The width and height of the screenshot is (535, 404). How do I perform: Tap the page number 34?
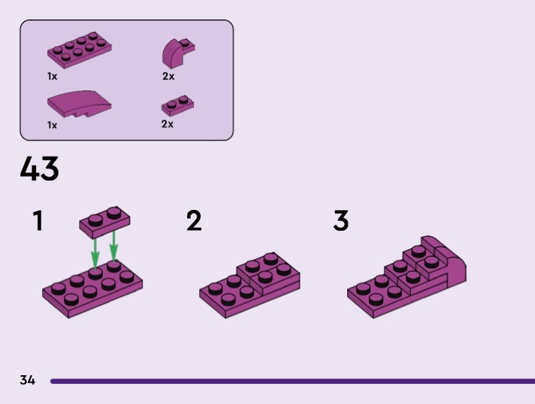point(27,380)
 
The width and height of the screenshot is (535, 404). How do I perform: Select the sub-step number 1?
point(38,221)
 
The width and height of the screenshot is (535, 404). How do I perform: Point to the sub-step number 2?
point(194,221)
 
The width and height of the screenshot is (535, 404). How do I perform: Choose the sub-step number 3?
point(341,221)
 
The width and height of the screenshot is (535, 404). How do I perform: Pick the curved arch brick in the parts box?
point(178,53)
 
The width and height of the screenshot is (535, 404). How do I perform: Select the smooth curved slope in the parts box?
point(79,104)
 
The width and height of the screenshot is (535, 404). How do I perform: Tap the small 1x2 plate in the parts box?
point(177,106)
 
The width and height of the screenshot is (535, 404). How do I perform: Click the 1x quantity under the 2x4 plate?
point(52,76)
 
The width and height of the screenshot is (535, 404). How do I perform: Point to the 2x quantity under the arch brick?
point(169,76)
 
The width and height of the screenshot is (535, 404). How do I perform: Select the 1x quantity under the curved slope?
point(52,125)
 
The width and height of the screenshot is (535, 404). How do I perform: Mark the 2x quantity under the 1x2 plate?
point(168,124)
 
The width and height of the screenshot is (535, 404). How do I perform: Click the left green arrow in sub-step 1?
point(95,254)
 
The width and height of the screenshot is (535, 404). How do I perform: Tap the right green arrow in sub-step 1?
point(114,246)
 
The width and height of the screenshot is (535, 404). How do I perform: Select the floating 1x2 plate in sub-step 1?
point(105,222)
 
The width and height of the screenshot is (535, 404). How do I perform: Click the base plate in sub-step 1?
point(92,290)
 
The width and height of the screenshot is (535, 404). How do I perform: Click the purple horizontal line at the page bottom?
point(292,381)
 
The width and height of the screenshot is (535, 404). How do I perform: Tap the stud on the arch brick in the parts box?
point(185,43)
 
